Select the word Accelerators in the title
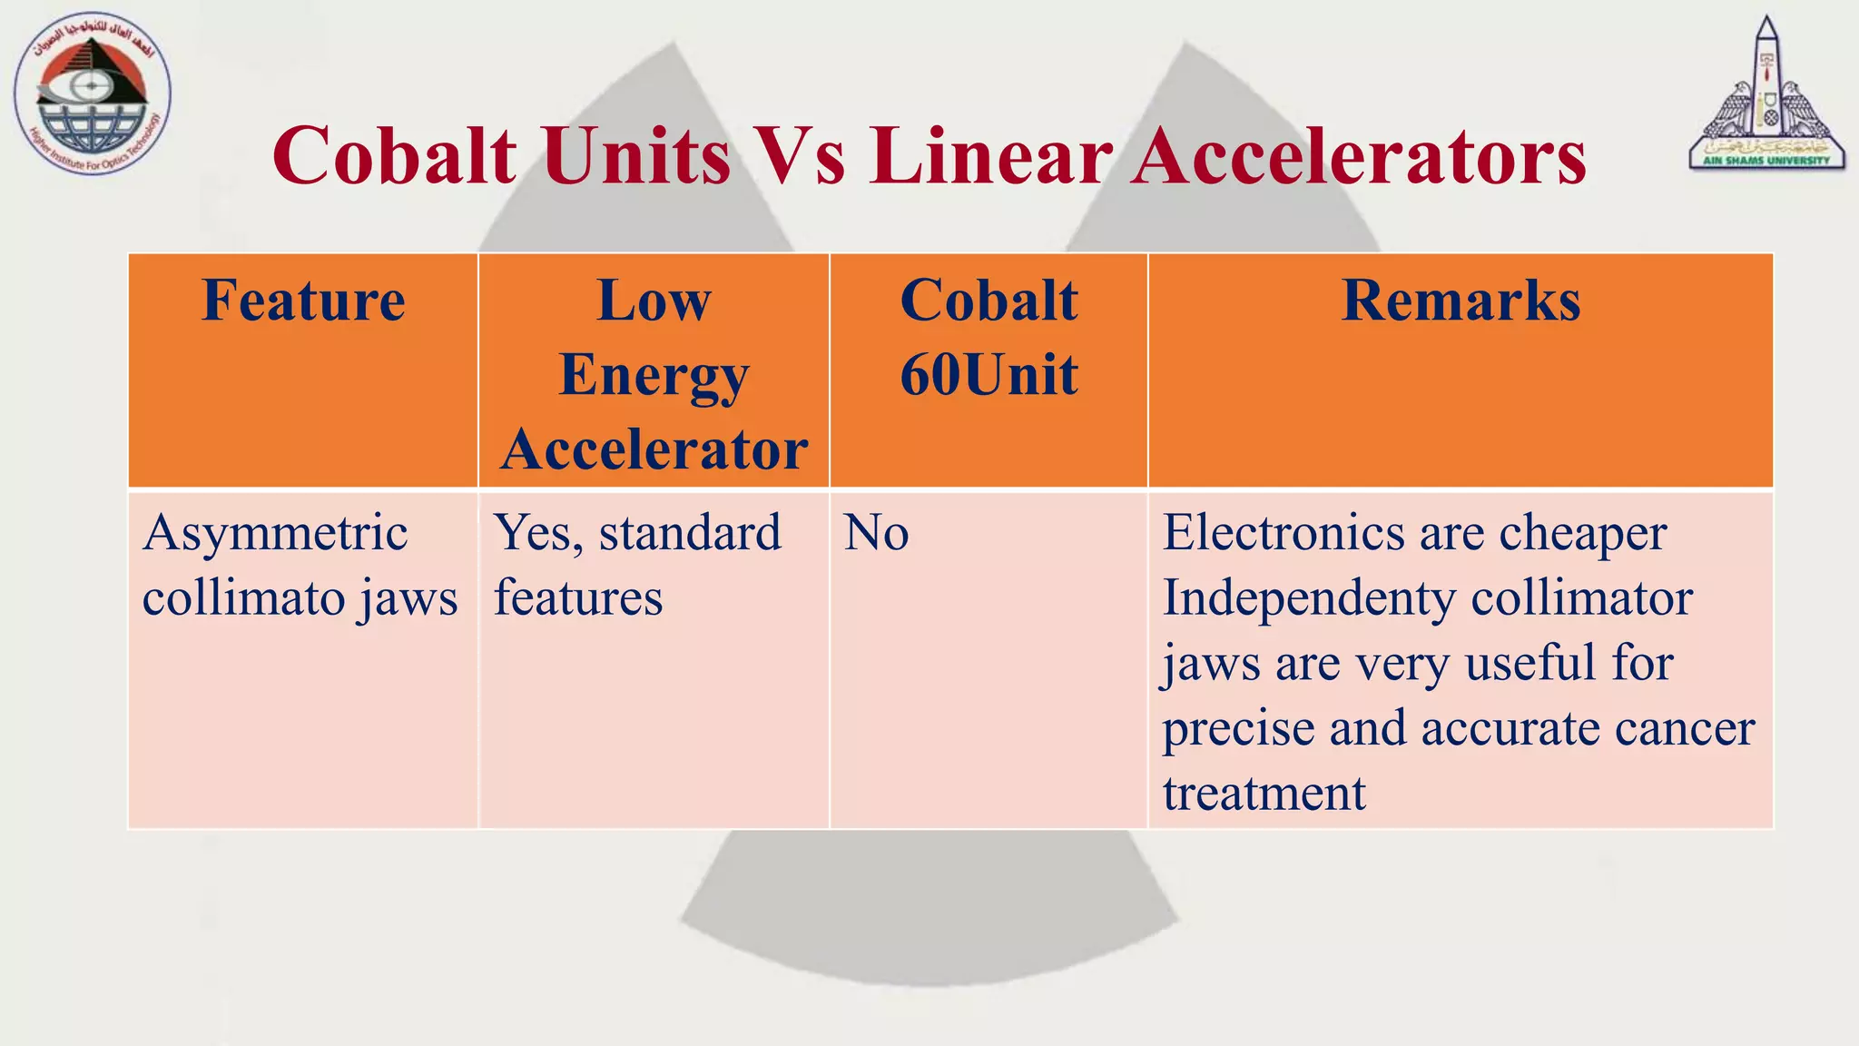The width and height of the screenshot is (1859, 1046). click(1358, 155)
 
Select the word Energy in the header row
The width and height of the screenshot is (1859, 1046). click(654, 375)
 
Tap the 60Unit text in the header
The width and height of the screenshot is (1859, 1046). click(989, 374)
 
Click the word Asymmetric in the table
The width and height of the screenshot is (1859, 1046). click(275, 533)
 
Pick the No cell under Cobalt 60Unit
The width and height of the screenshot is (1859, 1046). click(876, 533)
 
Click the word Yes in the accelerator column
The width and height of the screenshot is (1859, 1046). click(537, 533)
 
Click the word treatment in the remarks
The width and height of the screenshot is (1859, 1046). click(1264, 794)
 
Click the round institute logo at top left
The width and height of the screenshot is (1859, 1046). click(92, 94)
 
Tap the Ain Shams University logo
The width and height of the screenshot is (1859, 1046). click(1766, 95)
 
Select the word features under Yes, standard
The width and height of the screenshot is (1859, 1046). click(578, 598)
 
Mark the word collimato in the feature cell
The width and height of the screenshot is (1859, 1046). click(241, 598)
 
